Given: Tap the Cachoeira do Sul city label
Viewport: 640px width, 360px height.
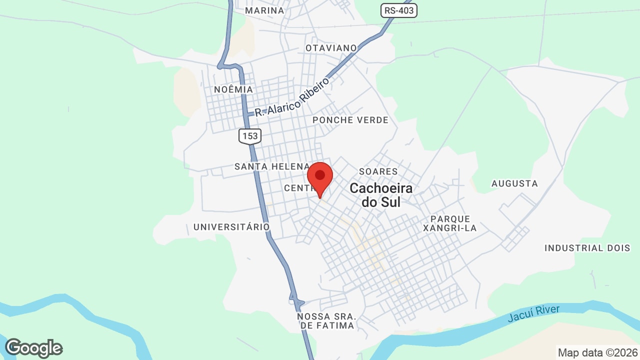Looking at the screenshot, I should point(381,195).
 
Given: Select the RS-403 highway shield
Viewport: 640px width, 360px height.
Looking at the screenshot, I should point(398,10).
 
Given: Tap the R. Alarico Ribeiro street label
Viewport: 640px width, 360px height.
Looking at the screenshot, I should point(292,97).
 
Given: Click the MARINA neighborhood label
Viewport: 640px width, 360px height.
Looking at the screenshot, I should point(265,10).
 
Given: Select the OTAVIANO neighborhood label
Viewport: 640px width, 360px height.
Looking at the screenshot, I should point(331,48).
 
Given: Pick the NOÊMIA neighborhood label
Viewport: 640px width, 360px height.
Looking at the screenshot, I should point(233,89).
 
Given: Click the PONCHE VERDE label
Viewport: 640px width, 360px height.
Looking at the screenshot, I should point(350,120).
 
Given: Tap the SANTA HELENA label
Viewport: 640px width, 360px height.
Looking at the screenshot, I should point(272,166).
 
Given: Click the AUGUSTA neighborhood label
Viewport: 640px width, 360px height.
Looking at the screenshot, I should point(514,183).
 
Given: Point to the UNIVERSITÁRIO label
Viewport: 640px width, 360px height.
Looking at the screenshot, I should point(231,227).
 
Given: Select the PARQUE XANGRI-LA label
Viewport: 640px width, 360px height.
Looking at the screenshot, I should point(450,223).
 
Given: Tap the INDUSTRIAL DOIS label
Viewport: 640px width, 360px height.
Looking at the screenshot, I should point(587,248).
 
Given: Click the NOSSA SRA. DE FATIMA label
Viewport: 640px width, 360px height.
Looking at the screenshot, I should point(326,321).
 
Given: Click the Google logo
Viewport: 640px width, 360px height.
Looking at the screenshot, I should point(33,348).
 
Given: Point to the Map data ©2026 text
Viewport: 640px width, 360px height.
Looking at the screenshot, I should point(597,352).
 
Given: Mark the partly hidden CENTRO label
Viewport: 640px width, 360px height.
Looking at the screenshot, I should point(296,188).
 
